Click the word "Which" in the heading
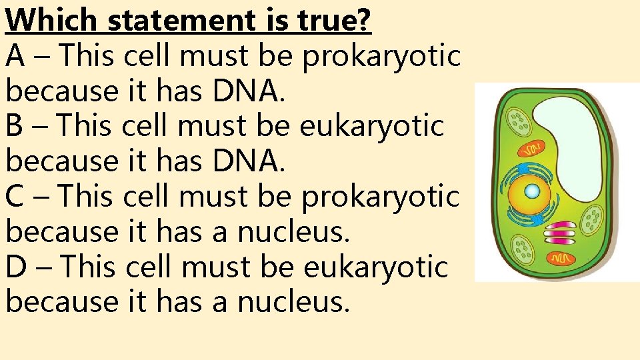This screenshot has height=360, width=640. [51, 21]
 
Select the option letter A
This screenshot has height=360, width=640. [16, 56]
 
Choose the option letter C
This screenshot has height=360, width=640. [15, 197]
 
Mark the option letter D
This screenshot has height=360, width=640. [17, 267]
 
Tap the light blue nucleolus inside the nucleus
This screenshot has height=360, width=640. [531, 192]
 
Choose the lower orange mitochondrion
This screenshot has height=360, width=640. [561, 257]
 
